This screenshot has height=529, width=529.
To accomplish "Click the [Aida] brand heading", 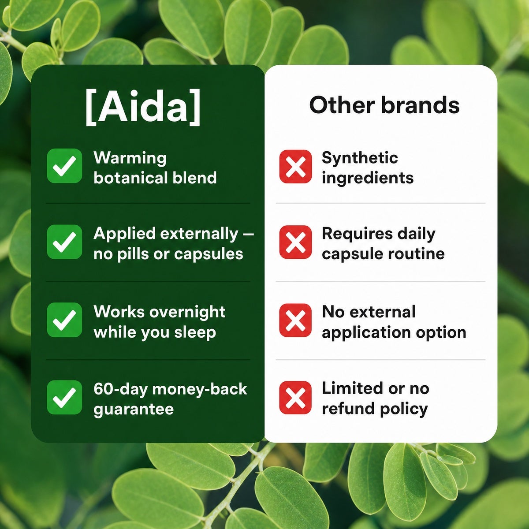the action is [x=143, y=107].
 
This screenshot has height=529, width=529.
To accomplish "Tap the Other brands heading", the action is [x=384, y=105].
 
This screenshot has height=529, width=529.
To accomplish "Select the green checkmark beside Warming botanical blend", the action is [x=64, y=166].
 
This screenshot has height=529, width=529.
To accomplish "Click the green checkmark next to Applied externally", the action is [x=64, y=242].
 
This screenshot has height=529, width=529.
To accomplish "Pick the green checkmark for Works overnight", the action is [x=64, y=320].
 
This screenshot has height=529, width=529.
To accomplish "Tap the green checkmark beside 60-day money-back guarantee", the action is [x=64, y=397].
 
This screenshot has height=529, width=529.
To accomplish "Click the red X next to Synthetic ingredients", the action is [x=295, y=166].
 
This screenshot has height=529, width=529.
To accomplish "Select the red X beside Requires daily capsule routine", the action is [x=295, y=242].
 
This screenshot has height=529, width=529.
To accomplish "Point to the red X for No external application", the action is [x=295, y=320].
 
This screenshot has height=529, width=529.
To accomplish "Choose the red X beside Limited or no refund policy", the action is [x=295, y=398].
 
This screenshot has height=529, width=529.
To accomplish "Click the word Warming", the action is [x=130, y=159].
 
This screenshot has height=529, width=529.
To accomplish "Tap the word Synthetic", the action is [x=360, y=158].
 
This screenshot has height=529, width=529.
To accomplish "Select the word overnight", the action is [x=188, y=312].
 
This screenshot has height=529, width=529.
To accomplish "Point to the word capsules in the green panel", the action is [x=209, y=254].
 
